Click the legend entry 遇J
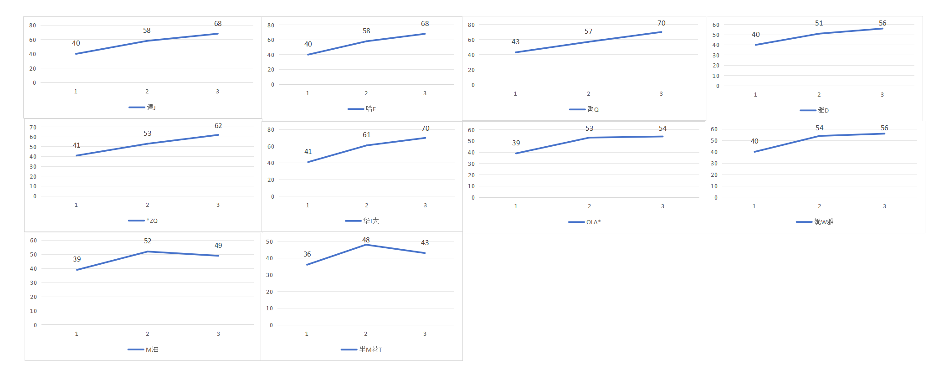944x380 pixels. (142, 108)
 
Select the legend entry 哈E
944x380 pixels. (362, 109)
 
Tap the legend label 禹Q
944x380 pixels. (584, 109)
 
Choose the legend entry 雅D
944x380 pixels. (814, 110)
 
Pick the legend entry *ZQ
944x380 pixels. (143, 221)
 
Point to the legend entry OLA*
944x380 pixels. (585, 222)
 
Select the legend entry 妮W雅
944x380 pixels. (815, 221)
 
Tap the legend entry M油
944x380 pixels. (143, 349)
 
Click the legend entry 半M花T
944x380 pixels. (361, 349)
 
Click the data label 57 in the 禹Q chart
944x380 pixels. (589, 31)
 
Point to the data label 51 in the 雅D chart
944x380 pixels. (819, 23)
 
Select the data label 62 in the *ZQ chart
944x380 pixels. (218, 126)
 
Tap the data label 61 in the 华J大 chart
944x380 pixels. (367, 135)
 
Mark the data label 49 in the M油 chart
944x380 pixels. (218, 246)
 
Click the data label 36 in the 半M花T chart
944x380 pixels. (308, 254)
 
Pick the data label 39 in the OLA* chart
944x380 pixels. (516, 143)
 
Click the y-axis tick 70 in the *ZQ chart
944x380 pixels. (33, 128)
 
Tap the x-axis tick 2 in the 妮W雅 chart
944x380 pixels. (819, 206)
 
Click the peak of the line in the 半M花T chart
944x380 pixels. (366, 245)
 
